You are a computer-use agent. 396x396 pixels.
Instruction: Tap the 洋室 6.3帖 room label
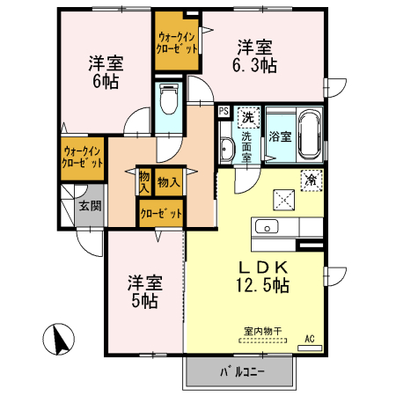256,56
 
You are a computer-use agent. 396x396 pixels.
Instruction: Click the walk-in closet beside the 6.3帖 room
177,42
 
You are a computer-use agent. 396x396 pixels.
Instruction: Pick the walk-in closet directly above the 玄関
81,158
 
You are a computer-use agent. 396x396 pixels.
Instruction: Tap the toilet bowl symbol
169,100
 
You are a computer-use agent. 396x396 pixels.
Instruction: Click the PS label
224,112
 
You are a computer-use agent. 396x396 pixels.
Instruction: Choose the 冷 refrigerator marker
311,178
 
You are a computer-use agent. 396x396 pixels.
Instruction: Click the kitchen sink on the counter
267,228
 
